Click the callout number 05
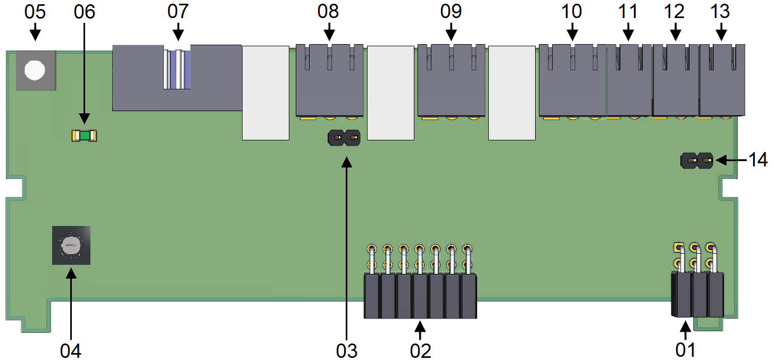point(35,12)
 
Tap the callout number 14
point(757,160)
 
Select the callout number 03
point(347,351)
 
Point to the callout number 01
point(685,350)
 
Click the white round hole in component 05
point(35,70)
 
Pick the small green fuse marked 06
point(84,136)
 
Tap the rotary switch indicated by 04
point(71,246)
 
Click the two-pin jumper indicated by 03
point(344,138)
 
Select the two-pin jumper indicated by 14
point(697,161)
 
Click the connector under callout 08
point(329,80)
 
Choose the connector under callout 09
point(451,80)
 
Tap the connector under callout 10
point(572,80)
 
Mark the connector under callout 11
point(629,80)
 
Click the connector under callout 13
point(722,80)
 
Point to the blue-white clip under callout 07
point(177,70)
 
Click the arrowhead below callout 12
point(675,35)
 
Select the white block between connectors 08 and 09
point(390,93)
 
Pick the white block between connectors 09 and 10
point(512,93)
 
